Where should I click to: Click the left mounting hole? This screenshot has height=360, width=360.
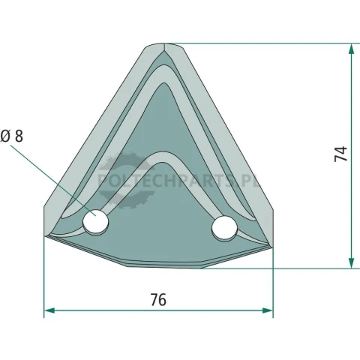(96, 222)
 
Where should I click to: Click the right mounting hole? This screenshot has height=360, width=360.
(224, 229)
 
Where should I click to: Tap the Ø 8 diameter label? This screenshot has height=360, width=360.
(12, 136)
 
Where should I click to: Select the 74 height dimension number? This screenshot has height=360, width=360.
(340, 154)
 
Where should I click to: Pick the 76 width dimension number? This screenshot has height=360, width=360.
(158, 300)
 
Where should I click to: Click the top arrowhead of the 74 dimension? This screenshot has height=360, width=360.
(351, 49)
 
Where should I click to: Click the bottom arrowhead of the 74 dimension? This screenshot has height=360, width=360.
(351, 263)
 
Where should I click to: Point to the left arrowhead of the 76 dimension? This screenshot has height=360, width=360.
(49, 310)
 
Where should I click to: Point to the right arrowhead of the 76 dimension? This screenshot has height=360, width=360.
(268, 310)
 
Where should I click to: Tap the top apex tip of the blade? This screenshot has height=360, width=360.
(164, 43)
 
